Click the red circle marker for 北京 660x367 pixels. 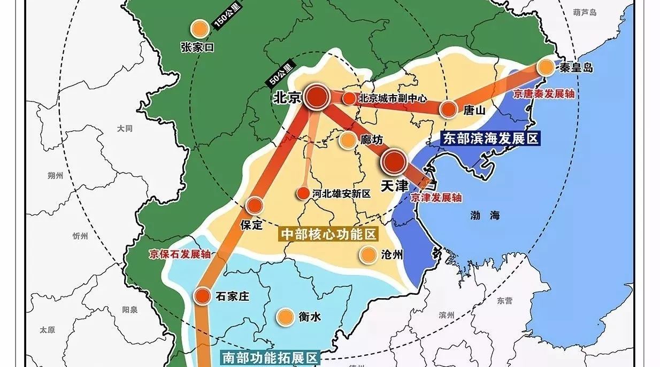coord(317,97)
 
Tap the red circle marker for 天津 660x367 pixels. coord(394,161)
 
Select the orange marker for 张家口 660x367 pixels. coord(199,29)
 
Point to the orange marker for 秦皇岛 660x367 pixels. coord(546,67)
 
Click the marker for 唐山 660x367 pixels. coord(448,110)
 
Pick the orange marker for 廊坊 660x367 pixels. coord(347,140)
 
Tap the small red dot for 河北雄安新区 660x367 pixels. coord(303,194)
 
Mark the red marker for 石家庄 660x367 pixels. coord(202,295)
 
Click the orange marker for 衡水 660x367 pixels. coord(285,316)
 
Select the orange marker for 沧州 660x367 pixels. coord(367,255)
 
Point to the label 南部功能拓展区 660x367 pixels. coord(270,357)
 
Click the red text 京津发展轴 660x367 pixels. coord(436,198)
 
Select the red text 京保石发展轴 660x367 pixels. coord(180,254)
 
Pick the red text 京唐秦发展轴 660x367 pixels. coord(543,93)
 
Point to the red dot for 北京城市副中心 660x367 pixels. coord(349,98)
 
